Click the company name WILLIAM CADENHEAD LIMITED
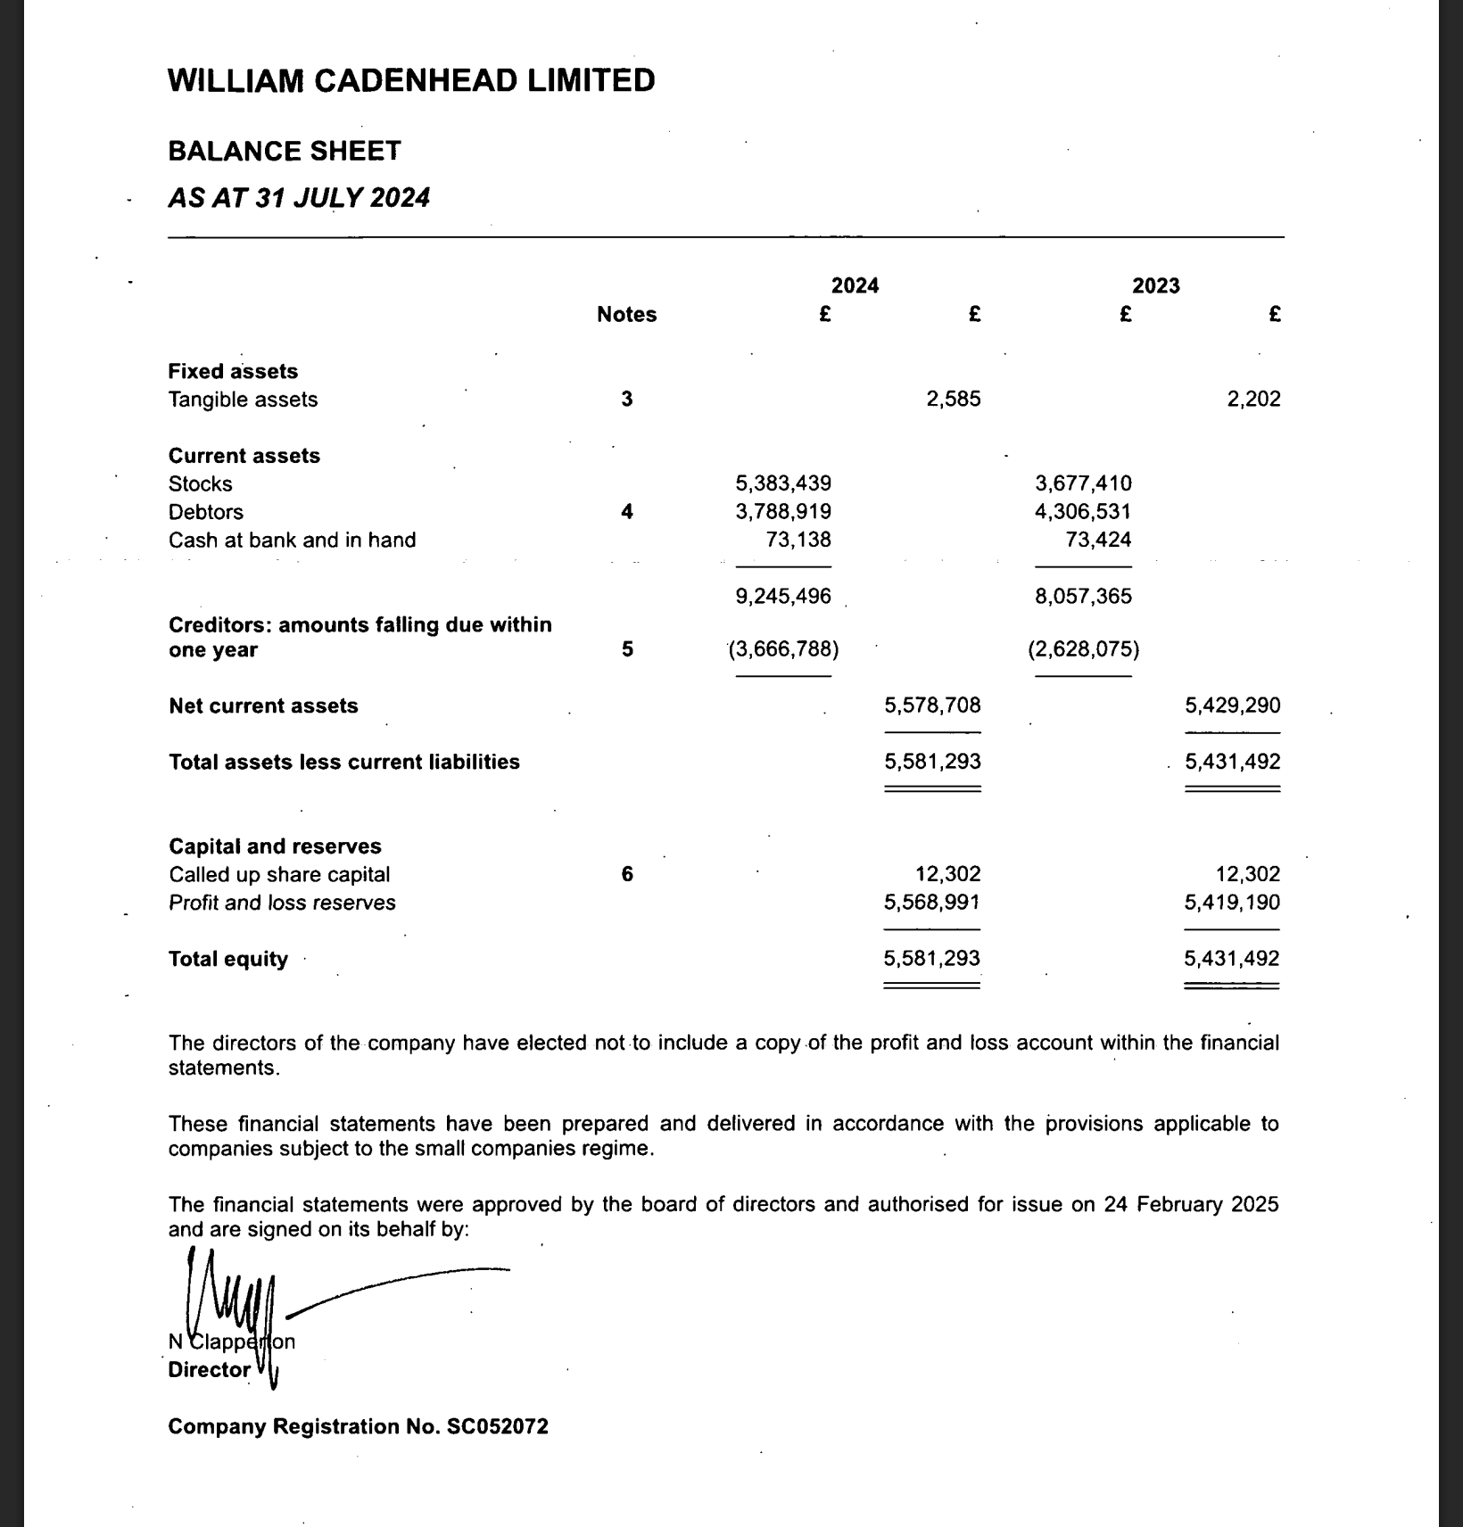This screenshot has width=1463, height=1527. [x=411, y=80]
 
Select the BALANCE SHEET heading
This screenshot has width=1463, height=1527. [x=285, y=151]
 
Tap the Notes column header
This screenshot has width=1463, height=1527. [x=626, y=314]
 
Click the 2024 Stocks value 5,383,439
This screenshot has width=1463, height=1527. [x=782, y=483]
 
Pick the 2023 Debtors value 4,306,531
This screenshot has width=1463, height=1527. [x=1082, y=512]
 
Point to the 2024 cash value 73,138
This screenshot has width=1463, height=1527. [x=798, y=540]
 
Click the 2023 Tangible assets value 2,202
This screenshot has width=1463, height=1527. [x=1253, y=399]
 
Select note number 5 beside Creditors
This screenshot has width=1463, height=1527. [x=627, y=649]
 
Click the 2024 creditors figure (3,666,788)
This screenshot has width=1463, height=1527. [x=783, y=649]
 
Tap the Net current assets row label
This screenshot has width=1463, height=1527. [x=263, y=706]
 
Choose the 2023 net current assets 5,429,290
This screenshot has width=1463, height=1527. [x=1232, y=706]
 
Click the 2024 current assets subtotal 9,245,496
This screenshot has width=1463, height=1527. [x=782, y=596]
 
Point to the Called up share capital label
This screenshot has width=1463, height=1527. [x=279, y=874]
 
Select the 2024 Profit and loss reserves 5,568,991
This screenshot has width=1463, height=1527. [x=931, y=902]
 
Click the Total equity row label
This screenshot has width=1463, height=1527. [x=228, y=959]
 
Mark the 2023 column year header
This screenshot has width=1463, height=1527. [x=1155, y=285]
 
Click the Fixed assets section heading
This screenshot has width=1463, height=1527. [x=233, y=371]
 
